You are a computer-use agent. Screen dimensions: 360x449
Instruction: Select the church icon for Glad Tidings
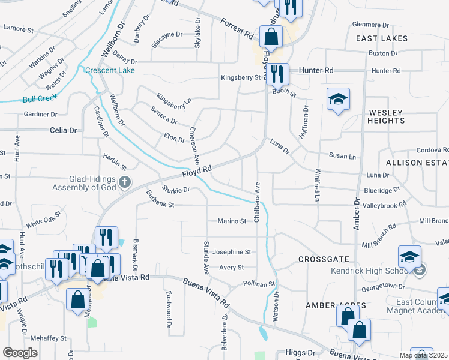(x=124, y=182)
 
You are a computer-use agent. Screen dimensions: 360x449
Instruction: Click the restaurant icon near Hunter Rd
(x=277, y=74)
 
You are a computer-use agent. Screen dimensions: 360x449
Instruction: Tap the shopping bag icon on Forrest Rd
(x=271, y=37)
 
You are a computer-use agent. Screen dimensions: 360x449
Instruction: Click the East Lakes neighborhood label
(x=381, y=38)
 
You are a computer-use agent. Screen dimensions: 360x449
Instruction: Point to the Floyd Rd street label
(x=197, y=172)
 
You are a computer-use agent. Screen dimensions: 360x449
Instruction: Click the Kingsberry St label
(x=241, y=77)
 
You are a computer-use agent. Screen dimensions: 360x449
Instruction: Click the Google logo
(x=20, y=353)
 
